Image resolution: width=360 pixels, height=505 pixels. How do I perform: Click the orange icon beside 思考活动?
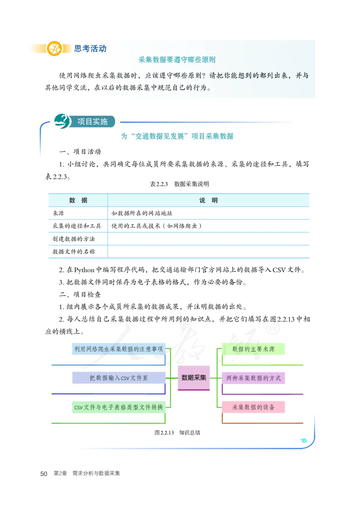point(54,49)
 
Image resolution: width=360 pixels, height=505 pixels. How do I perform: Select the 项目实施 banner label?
point(92,122)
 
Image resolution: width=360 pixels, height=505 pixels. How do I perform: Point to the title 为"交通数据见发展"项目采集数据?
point(177,136)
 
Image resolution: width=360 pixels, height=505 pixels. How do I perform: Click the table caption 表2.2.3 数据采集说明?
point(179,184)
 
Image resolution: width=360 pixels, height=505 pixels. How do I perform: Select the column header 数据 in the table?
point(78,200)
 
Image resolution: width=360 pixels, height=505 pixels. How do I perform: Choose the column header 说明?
point(208,200)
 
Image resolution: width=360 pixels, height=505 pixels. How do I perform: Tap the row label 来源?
point(58,213)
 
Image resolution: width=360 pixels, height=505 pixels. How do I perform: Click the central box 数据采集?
point(194,378)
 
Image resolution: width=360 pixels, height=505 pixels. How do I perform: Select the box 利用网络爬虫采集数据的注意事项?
point(118,349)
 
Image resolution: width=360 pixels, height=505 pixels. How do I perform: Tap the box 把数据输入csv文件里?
point(119,378)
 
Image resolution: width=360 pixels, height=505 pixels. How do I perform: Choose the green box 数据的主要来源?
point(253,349)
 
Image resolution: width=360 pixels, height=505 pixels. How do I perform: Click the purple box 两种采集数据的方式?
point(253,378)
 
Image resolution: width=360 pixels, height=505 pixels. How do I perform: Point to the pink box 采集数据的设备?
point(253,407)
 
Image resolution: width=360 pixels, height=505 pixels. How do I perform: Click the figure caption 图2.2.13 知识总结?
point(177,433)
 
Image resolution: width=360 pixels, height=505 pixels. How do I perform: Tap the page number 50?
point(44,473)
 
